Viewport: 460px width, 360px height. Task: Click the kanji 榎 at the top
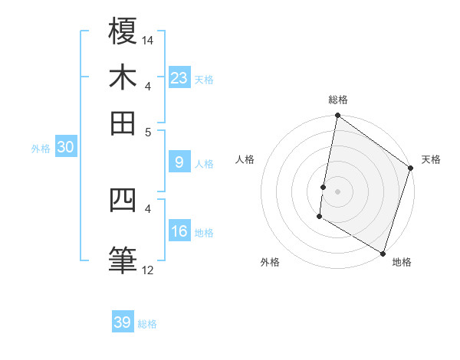pos(123,31)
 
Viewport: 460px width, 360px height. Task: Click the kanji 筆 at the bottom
pos(123,259)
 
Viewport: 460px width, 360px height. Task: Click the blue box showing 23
pos(179,77)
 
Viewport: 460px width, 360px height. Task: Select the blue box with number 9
pos(179,162)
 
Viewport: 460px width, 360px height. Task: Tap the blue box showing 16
pos(179,231)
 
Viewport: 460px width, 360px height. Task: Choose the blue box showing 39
pos(123,322)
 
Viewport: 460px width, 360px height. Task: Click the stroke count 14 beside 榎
pos(148,40)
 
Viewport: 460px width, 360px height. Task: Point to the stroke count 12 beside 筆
pos(147,270)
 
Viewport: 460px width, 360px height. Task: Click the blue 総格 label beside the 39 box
pos(147,324)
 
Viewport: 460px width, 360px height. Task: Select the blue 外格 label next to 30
pos(40,149)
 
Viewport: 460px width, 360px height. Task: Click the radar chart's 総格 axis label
pos(337,100)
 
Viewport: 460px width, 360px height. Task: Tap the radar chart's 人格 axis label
pos(245,159)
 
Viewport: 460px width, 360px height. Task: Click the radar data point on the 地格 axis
pos(383,253)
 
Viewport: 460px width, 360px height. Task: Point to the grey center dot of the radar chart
pos(337,191)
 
